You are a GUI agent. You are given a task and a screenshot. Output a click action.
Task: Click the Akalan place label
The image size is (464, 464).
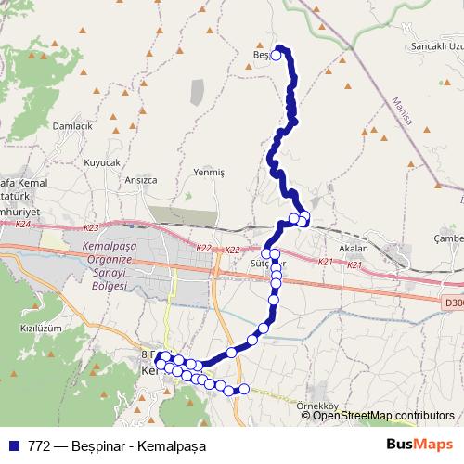pyautogui.click(x=354, y=249)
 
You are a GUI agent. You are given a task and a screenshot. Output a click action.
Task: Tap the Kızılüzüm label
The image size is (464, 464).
pyautogui.click(x=40, y=329)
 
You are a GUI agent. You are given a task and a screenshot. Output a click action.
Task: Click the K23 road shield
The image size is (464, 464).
pyautogui.click(x=90, y=228)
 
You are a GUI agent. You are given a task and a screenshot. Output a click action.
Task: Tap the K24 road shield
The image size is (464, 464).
pyautogui.click(x=23, y=225)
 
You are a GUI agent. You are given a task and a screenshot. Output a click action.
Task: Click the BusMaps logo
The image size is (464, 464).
pyautogui.click(x=419, y=445)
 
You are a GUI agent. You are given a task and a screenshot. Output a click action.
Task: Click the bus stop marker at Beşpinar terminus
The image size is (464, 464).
pyautogui.click(x=276, y=56)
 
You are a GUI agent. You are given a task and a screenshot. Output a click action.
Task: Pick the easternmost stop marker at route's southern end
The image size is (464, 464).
pyautogui.click(x=245, y=389)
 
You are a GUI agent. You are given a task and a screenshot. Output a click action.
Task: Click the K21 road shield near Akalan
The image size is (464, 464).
pyautogui.click(x=326, y=263)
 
